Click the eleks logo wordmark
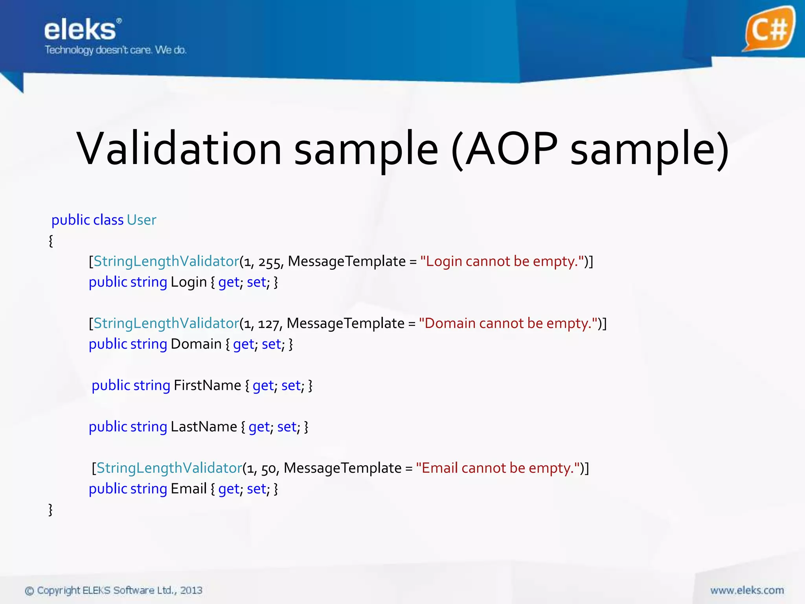click(x=80, y=30)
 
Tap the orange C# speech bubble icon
click(x=769, y=29)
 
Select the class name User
click(x=142, y=220)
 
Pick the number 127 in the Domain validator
click(x=269, y=324)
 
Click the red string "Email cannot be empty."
click(x=498, y=468)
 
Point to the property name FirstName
click(x=207, y=385)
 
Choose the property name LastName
click(x=204, y=427)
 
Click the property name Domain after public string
click(x=196, y=344)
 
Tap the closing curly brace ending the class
click(x=50, y=510)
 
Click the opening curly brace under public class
click(x=51, y=241)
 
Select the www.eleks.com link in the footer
click(x=747, y=590)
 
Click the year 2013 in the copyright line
click(x=191, y=590)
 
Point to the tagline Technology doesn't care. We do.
click(x=116, y=50)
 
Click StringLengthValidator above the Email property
click(x=169, y=468)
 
